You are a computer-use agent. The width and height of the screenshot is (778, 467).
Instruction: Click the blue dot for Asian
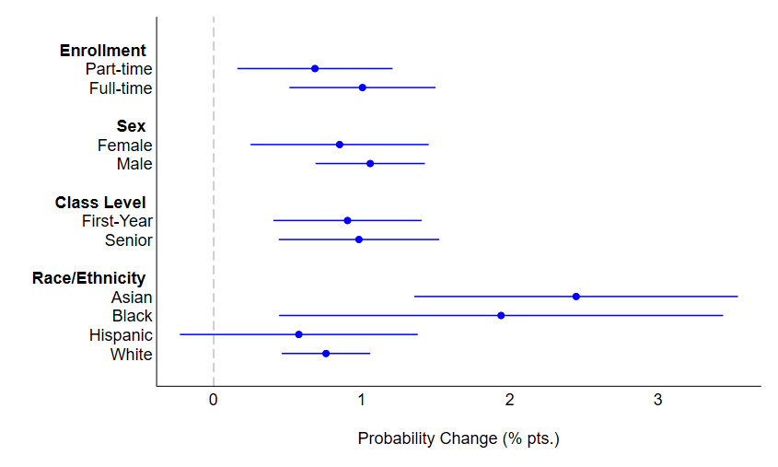coord(575,297)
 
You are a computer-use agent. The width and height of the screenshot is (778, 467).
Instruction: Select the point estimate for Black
coord(501,315)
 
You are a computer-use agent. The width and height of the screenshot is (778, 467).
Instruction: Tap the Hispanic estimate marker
coord(298,334)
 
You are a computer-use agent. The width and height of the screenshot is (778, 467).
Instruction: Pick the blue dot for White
coord(326,354)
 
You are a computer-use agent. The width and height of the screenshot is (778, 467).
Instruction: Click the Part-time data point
coord(315,68)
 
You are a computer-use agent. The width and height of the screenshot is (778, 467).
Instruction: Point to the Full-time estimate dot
coord(362,88)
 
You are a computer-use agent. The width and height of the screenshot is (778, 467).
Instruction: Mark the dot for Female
coord(340,145)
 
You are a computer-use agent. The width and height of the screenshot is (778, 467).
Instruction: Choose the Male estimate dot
coord(370,163)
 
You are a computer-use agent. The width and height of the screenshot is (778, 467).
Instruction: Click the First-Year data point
coord(347,220)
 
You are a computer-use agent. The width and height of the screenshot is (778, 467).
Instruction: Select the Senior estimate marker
coord(358,239)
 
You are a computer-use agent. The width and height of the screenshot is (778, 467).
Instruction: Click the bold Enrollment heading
coord(103,50)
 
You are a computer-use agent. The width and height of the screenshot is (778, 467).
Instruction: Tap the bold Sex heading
coord(131,126)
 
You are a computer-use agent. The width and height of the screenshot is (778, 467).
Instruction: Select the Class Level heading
coord(100,202)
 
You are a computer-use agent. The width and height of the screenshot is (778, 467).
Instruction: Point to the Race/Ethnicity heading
coord(88,278)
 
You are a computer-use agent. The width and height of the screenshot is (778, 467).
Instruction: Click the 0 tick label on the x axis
coord(214,400)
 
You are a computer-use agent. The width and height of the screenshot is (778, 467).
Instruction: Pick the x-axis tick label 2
coord(509,400)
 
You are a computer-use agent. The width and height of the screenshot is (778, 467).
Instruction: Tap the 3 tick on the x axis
coord(657,400)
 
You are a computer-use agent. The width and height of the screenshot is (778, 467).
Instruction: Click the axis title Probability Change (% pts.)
coord(459,439)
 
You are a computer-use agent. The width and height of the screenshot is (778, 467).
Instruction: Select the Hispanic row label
coord(121,335)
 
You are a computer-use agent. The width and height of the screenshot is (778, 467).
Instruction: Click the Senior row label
coord(129,240)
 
